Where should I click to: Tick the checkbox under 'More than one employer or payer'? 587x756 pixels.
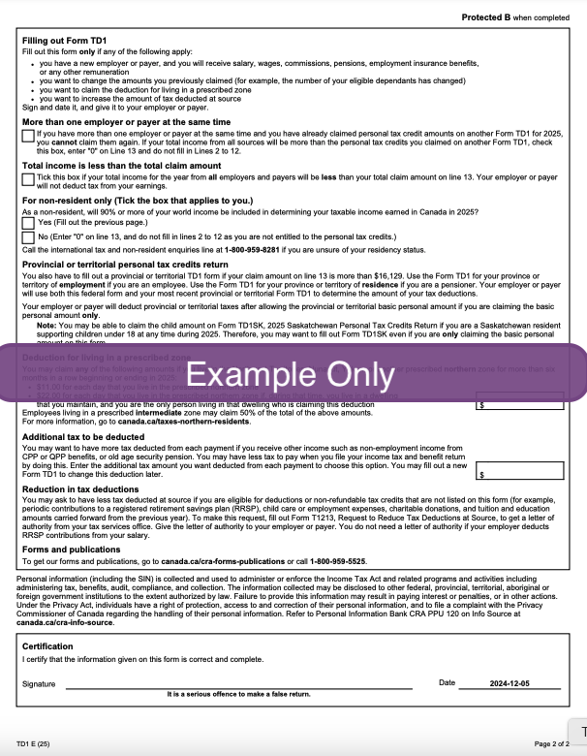coord(27,136)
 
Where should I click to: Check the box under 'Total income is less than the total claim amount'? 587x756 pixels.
coord(27,179)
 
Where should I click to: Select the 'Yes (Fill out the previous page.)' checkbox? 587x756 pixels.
coord(27,223)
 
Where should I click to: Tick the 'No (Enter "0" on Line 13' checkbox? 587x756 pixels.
coord(27,236)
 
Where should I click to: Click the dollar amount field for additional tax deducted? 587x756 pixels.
coord(520,471)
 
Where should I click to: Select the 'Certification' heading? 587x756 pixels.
coord(47,646)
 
